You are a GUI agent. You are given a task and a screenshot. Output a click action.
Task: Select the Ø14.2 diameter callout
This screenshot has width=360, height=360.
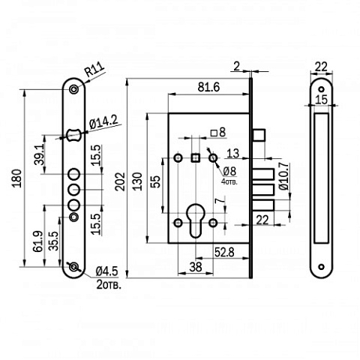pos(103,122)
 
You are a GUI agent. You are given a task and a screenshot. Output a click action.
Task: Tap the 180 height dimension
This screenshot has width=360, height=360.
pos(17,178)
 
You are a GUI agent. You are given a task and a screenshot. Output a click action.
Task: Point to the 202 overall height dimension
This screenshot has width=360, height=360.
pos(121,181)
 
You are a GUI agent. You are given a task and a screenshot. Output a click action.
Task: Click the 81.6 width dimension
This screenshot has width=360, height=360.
pos(208,87)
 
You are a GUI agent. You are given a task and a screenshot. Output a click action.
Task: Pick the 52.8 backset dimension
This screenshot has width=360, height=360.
pos(224,252)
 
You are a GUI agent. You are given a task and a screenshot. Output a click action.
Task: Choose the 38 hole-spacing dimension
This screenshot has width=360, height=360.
pos(196,267)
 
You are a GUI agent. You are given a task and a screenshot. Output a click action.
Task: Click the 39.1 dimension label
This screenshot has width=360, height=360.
pos(39,154)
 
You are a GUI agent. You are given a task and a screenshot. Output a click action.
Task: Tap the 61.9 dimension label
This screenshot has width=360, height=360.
pos(37,241)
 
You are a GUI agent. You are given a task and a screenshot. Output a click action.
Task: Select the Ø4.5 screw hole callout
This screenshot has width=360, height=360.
pos(106,271)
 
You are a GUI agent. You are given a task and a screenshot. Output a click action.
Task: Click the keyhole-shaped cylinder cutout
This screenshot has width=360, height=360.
pos(196,220)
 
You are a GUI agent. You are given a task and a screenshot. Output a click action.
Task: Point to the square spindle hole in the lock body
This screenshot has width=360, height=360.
pos(196,157)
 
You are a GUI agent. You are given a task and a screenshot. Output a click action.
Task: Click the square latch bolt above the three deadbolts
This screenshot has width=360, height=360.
pos(259,135)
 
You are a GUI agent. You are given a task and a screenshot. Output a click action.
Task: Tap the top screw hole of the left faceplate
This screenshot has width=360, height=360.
pos(73,89)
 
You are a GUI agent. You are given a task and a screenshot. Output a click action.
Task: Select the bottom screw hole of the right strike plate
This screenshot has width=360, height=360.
pos(321,267)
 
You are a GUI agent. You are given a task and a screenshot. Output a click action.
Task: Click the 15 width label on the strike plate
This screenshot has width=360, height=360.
pos(321,100)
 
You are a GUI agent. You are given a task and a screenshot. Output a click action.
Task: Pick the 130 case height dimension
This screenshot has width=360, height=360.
pos(137,181)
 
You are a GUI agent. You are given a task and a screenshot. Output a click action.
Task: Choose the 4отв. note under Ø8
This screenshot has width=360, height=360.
pos(229,181)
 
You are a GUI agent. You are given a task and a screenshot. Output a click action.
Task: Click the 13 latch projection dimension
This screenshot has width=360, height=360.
pos(232,154)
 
